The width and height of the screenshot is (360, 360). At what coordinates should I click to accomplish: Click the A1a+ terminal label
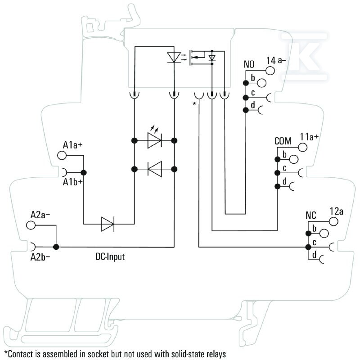tap(72, 145)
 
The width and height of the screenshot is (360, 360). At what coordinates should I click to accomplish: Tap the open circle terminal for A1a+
tap(62, 155)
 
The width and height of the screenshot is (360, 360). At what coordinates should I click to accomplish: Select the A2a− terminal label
tap(40, 215)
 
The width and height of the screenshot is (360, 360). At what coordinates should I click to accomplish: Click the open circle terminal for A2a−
tap(31, 225)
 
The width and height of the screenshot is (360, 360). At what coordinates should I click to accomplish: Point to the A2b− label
tap(40, 257)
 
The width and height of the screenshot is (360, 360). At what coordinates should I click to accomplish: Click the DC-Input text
tap(110, 256)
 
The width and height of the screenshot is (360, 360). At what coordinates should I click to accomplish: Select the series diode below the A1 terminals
tap(108, 224)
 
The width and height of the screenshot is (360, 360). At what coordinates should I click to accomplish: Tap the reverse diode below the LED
tap(155, 169)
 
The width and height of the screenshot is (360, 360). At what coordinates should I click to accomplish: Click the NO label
tap(249, 64)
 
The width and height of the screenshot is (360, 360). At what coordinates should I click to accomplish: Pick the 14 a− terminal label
tap(276, 60)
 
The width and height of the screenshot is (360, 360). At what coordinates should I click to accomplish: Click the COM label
tap(283, 141)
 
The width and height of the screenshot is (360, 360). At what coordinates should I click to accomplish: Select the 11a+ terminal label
tap(309, 137)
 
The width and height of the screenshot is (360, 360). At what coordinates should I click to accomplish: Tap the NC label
tap(311, 216)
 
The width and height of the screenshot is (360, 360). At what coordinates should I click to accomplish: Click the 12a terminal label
tap(337, 211)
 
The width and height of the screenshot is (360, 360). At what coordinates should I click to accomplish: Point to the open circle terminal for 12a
tap(333, 221)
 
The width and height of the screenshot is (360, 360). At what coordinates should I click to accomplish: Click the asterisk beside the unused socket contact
tap(194, 104)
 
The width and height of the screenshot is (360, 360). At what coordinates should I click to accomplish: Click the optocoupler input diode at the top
tap(174, 57)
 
